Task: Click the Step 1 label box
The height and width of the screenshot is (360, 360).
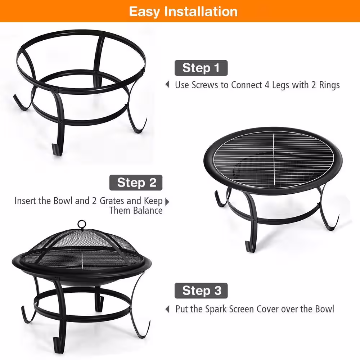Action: pos(201,68)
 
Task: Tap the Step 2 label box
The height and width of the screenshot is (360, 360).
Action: pos(136,183)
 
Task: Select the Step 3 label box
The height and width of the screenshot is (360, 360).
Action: pos(201,291)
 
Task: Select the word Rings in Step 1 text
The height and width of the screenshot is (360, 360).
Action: pos(329,85)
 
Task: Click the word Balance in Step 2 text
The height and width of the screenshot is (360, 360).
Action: pos(148,211)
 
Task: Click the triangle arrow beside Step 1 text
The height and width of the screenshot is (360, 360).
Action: pos(167,85)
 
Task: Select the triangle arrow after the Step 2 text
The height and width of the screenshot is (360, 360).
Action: pos(167,201)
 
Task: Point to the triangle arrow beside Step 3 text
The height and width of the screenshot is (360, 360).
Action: pos(167,309)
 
